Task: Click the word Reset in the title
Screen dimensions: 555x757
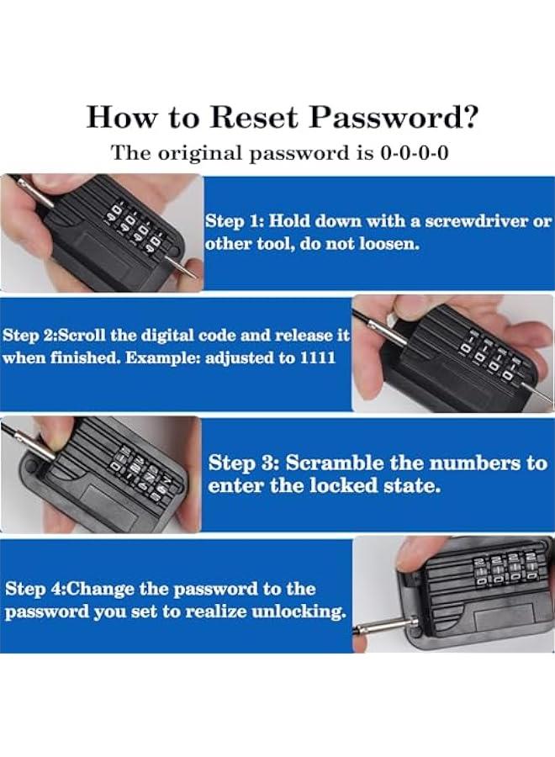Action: click(253, 117)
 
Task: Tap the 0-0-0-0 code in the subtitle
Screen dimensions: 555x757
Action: click(414, 153)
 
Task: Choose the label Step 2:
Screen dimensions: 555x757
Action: click(31, 336)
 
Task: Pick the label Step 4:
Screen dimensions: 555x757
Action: click(34, 589)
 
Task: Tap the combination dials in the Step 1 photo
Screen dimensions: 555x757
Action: click(138, 227)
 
